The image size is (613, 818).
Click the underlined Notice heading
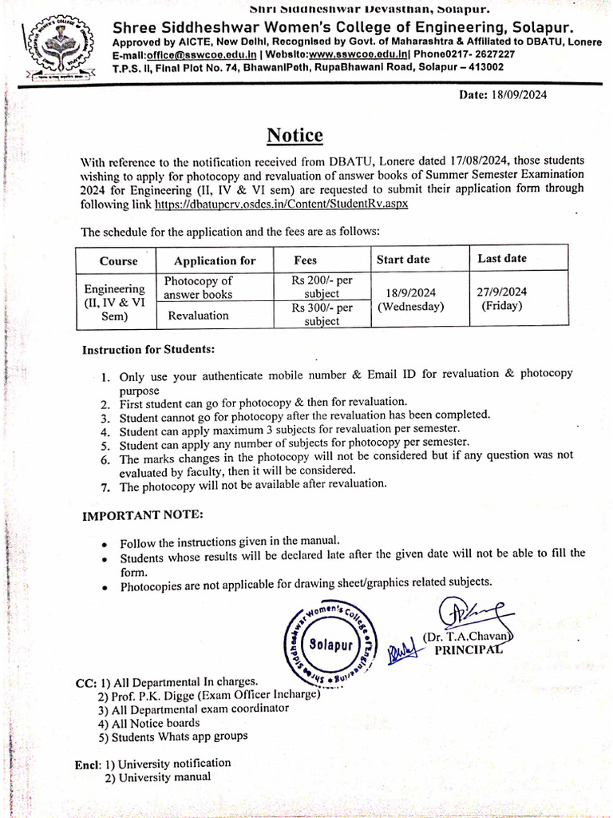pos(295,135)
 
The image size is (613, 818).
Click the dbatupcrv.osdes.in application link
pos(281,204)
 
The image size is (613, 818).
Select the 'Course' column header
pos(118,261)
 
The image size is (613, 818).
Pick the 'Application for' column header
pos(215,260)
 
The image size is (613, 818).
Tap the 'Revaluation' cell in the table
pos(198,315)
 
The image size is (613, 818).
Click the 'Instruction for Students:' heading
pos(148,350)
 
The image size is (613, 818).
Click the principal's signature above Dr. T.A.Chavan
pos(465,613)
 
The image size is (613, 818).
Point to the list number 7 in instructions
pos(106,486)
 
